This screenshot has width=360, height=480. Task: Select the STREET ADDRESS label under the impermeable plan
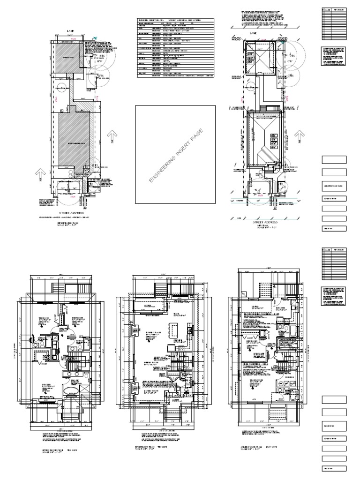click(70, 212)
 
